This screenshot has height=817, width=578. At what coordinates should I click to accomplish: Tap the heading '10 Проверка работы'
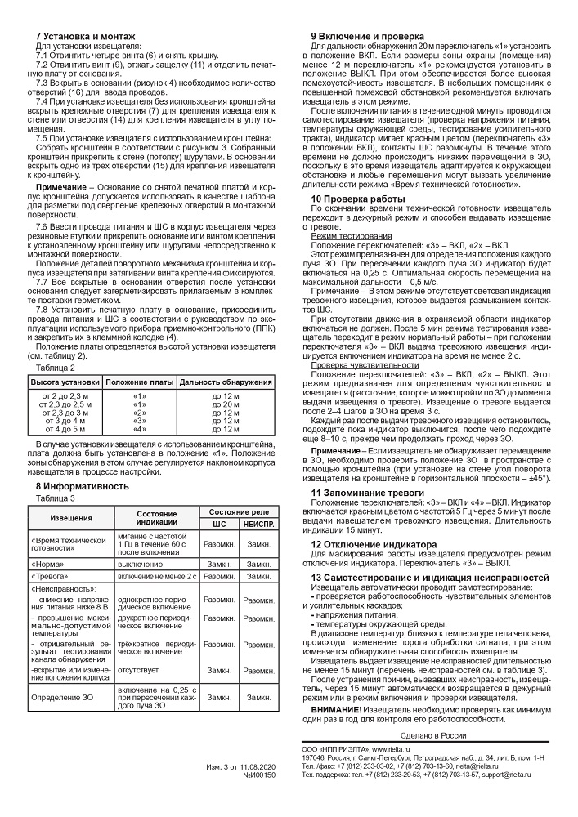tap(356, 199)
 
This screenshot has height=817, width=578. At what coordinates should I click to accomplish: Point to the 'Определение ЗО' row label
tap(62, 697)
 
